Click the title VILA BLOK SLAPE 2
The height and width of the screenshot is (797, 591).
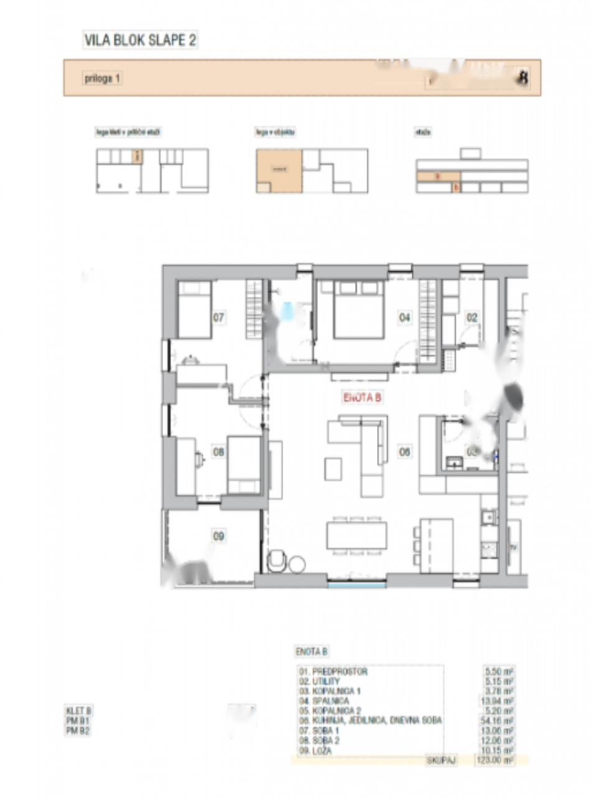[x=141, y=41]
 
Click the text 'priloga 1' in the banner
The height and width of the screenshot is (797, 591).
[x=103, y=78]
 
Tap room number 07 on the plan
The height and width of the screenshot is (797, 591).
[x=218, y=318]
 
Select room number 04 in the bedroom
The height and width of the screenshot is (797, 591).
[x=405, y=318]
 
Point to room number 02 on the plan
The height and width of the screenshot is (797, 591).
[x=472, y=318]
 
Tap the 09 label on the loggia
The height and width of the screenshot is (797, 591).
[x=218, y=535]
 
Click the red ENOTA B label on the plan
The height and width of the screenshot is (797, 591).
[x=361, y=397]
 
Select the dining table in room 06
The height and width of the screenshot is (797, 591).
[x=356, y=535]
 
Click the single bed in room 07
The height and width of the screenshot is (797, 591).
[x=195, y=309]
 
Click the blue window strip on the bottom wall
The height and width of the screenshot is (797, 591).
[x=356, y=585]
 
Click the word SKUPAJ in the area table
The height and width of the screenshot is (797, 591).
[x=441, y=760]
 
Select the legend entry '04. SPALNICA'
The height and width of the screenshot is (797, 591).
[x=330, y=700]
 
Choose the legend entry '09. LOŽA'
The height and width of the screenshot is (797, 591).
[x=323, y=751]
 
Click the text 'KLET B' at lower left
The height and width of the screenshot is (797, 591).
[x=79, y=710]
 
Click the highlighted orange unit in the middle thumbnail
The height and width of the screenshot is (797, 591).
[x=279, y=168]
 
